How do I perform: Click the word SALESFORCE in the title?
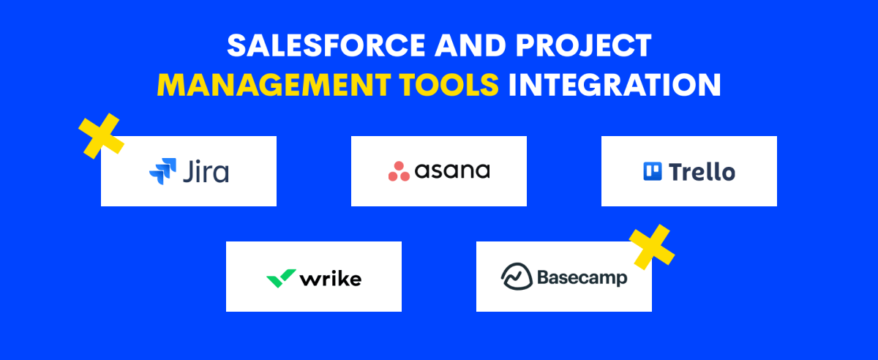pos(326,45)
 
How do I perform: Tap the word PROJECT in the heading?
pos(584,45)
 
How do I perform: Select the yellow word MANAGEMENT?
pos(274,85)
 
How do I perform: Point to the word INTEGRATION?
pos(615,85)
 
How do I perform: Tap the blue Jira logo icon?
pos(162,171)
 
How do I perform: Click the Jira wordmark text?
pos(206,171)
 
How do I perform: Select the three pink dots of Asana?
pos(399,171)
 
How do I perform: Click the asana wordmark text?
pos(452,170)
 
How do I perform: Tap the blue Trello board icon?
pos(653,171)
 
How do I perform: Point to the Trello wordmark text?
pos(702,172)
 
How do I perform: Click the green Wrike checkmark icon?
pos(282,279)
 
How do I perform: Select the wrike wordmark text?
pos(331,279)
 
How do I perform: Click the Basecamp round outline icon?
pos(517,277)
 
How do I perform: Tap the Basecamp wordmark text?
pos(582,278)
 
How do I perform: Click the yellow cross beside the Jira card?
pos(101,136)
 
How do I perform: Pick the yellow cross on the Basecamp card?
pos(652,247)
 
